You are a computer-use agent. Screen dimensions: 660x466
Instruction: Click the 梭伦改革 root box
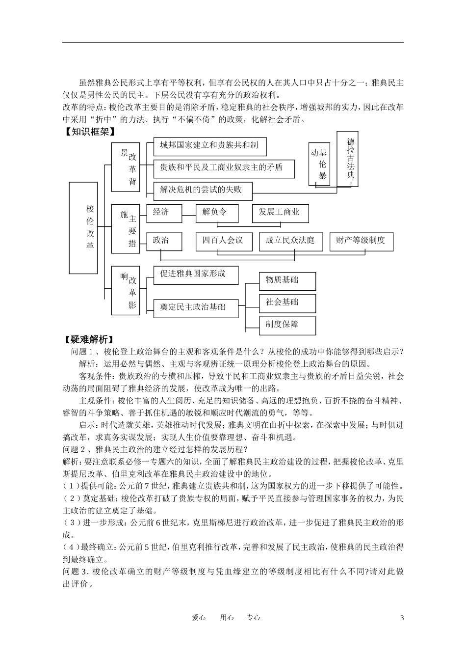point(90,227)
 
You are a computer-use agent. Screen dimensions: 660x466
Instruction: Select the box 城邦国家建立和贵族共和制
point(210,146)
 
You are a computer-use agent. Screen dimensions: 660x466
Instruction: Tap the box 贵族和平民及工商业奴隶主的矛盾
point(224,168)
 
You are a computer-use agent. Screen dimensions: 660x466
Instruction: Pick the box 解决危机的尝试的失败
point(203,190)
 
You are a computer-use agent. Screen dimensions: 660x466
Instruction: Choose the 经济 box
point(161,213)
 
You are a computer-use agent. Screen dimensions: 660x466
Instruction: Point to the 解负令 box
point(216,213)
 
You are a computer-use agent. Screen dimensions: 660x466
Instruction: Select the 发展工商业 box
point(281,213)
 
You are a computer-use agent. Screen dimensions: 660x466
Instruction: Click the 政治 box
point(161,241)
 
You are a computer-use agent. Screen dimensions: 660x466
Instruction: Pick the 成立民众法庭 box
point(290,241)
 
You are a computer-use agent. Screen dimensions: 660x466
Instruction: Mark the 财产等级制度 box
point(361,241)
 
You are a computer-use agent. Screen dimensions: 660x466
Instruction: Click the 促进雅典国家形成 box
point(196,275)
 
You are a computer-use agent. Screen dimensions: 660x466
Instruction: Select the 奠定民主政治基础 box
point(196,308)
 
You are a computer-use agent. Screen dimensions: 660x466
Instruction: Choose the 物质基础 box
point(287,280)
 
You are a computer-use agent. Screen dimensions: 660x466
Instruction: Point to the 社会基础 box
point(287,303)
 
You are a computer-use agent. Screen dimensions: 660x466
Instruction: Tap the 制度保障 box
point(287,325)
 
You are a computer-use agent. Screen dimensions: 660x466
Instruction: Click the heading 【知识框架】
point(89,132)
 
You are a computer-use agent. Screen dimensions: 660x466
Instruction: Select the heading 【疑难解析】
point(89,340)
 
